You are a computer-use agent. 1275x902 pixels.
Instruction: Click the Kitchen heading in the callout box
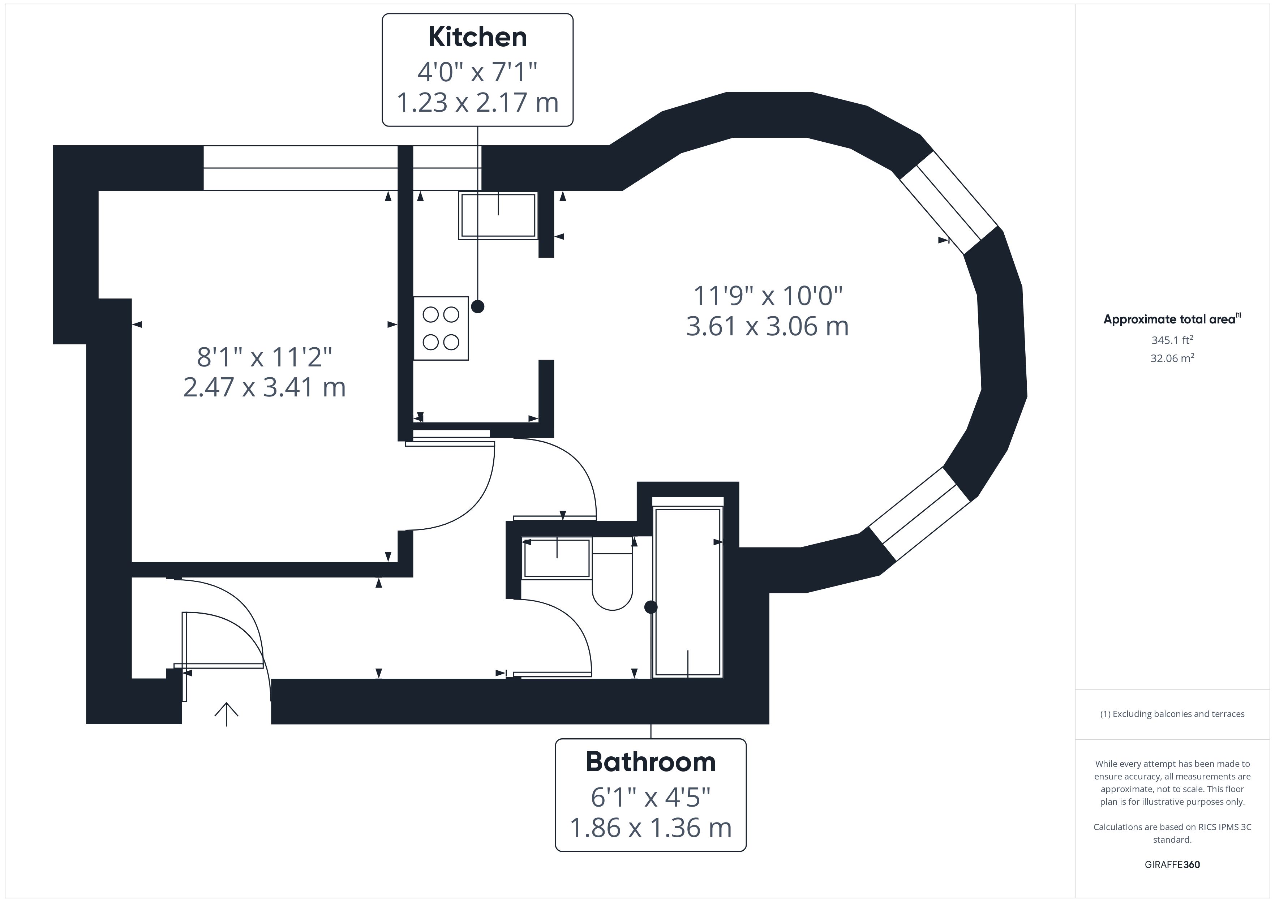pos(477,37)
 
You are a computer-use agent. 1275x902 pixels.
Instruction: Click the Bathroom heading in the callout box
pos(651,762)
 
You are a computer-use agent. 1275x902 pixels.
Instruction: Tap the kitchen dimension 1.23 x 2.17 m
pos(477,103)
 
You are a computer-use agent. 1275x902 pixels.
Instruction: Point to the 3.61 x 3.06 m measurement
pos(768,326)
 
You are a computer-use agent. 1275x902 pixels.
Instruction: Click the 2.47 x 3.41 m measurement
pos(264,387)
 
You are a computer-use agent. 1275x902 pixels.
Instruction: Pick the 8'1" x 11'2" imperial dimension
pos(264,357)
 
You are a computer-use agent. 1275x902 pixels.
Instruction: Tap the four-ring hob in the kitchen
pos(441,328)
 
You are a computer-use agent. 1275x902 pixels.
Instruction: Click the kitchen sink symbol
pos(498,215)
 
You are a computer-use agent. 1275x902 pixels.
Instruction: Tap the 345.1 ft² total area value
pos(1172,340)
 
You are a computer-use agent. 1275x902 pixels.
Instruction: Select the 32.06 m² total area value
pos(1172,358)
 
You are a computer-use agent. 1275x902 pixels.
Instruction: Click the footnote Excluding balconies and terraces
pos(1172,714)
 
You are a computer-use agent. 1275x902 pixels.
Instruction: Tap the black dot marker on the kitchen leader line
pos(477,306)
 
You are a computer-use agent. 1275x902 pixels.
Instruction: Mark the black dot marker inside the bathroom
pos(651,607)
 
